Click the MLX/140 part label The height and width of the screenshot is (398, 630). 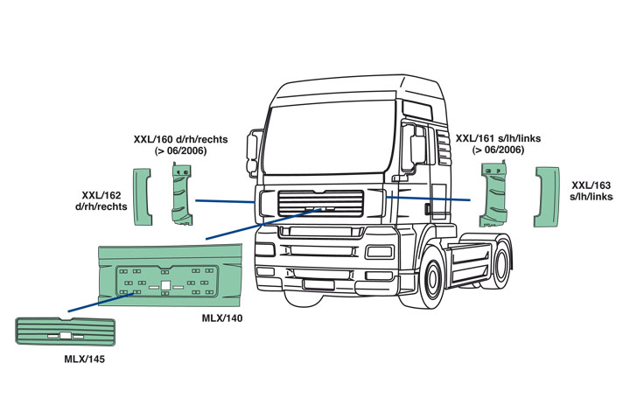(221, 318)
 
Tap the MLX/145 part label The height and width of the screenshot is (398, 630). (84, 360)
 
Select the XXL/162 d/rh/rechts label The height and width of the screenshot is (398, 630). (104, 201)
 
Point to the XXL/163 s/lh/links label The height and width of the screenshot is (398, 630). (591, 192)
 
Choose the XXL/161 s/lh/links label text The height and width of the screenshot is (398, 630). (498, 144)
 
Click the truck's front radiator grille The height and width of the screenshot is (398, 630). (320, 206)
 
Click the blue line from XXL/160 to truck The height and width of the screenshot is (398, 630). (225, 201)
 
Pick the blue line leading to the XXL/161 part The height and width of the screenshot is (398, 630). (429, 199)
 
